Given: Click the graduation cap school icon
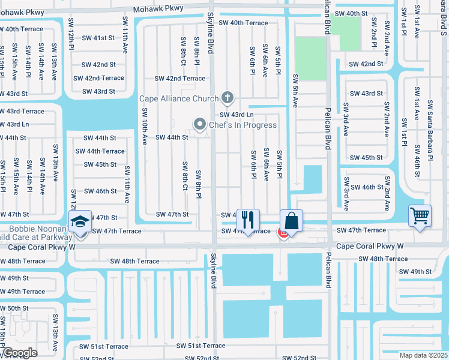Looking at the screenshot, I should click(x=79, y=220).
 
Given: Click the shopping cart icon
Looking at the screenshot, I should click(x=420, y=215).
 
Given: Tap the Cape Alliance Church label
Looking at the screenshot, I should click(x=179, y=98).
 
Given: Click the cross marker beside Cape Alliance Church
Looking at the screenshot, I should click(x=227, y=97).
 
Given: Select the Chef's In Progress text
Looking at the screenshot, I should click(x=243, y=125).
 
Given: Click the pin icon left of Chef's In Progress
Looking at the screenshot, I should click(x=200, y=124).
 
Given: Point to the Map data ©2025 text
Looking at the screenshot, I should click(x=423, y=355).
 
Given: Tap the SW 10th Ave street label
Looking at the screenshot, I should click(x=145, y=127).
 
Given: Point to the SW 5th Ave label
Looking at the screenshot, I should click(x=295, y=91).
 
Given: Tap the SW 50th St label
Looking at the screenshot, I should click(x=14, y=308).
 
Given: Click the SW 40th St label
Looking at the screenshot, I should click(x=351, y=13).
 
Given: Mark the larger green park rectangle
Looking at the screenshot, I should click(x=311, y=59).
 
